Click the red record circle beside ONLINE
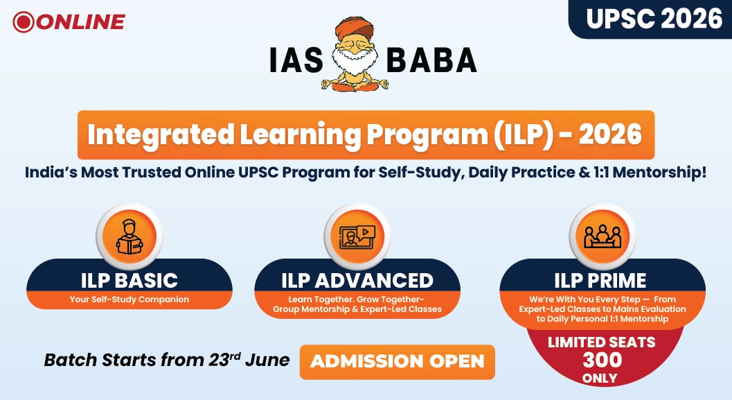[24, 22]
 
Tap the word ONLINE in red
[80, 22]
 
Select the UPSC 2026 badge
[650, 19]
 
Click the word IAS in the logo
[296, 60]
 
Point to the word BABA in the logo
[431, 60]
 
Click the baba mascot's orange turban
[355, 29]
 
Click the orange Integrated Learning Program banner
[366, 134]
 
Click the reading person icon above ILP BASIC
[130, 237]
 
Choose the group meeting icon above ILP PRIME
[602, 236]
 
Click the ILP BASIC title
[130, 280]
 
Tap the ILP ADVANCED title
[357, 280]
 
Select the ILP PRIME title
[600, 280]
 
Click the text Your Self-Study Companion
[130, 299]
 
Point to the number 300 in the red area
[602, 360]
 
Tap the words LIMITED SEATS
[601, 342]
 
